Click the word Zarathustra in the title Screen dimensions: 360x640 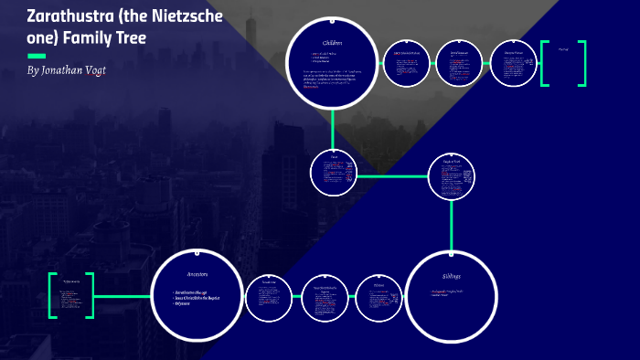pos(56,17)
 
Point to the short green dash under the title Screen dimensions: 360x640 pos(37,56)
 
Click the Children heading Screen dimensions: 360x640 pos(332,44)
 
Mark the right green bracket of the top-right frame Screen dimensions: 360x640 pos(582,64)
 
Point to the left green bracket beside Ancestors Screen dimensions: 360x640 pos(52,295)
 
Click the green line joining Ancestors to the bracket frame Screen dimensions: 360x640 pos(123,295)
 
